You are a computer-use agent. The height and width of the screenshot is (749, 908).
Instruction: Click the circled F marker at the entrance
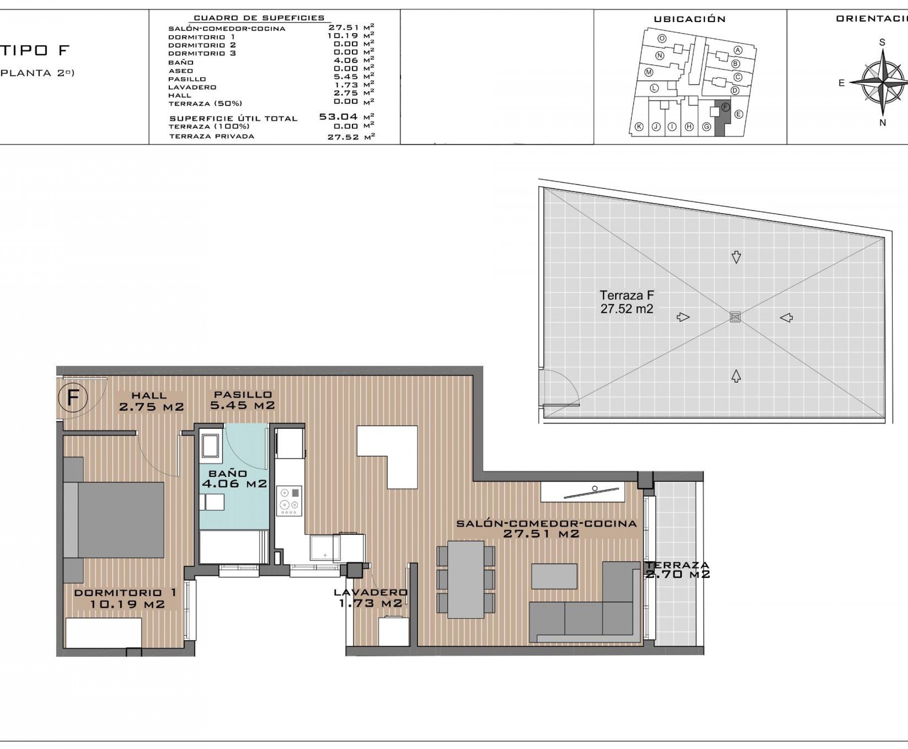pos(73,397)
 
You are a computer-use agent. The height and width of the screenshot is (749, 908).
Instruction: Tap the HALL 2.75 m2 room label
pos(151,401)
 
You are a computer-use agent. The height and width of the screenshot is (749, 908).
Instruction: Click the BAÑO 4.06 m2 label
pos(234,479)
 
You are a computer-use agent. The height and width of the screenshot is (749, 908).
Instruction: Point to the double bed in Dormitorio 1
pos(114,520)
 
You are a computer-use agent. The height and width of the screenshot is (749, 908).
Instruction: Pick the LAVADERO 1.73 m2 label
pos(370,598)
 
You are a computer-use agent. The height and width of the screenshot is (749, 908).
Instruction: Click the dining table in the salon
pos(466,579)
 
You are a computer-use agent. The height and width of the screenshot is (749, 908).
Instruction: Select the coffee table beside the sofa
pos(554,576)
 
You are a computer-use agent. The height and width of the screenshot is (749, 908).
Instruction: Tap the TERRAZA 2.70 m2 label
pos(677,570)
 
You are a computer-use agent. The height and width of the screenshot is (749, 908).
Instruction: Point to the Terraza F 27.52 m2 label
pos(627,302)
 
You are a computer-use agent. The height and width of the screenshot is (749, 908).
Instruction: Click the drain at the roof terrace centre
pos(735,317)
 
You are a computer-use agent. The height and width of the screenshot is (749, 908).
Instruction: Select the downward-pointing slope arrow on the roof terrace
pos(736,257)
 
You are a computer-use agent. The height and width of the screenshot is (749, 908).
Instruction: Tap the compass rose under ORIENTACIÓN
pos(882,82)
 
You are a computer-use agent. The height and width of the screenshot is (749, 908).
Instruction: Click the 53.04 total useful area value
pos(339,117)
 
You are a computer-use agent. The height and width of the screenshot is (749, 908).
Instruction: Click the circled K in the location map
pos(639,127)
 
